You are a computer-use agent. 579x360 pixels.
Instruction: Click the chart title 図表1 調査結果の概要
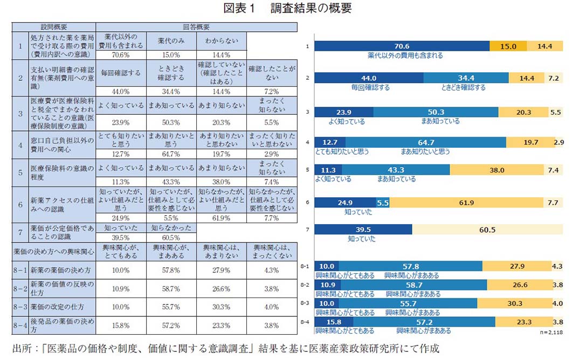tap(289, 8)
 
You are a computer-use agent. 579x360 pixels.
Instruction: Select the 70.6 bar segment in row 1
tap(402, 46)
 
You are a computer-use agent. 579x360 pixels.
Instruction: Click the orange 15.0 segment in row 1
tap(508, 46)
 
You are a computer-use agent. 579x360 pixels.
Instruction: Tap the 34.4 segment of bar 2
tap(466, 78)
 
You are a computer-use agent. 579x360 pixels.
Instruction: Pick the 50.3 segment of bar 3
tap(435, 112)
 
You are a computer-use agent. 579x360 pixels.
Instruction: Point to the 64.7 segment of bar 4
tap(425, 142)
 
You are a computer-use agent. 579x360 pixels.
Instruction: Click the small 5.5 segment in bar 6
tap(383, 203)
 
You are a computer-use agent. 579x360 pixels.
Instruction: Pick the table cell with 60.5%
tap(170, 238)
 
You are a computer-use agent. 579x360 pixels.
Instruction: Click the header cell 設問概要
tap(54, 26)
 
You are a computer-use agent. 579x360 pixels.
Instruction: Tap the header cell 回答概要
tap(196, 26)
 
